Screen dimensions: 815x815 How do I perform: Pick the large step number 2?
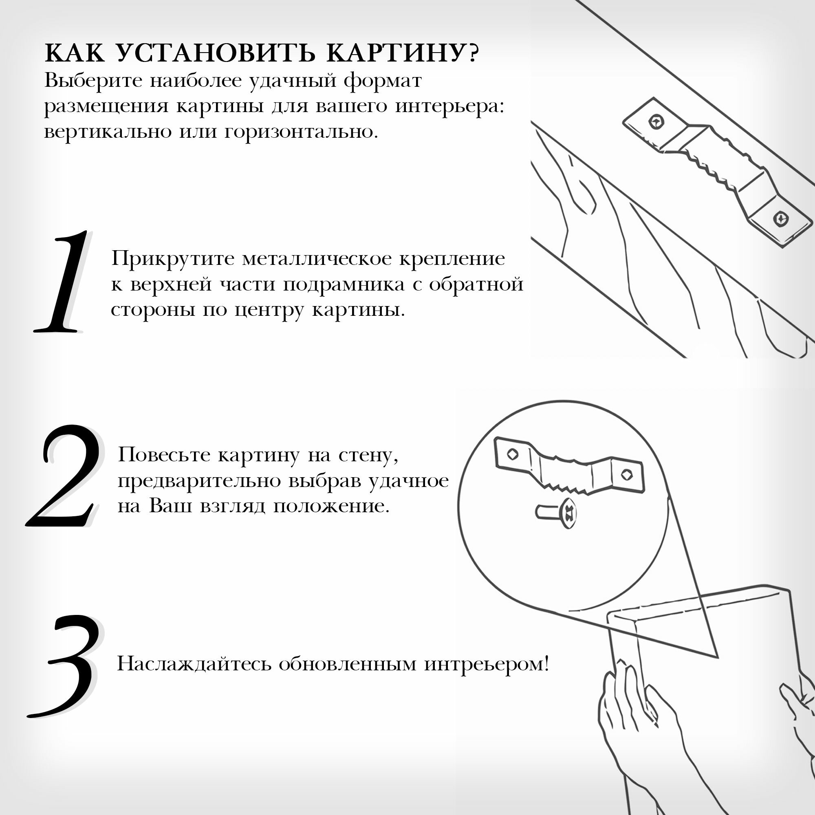pyautogui.click(x=63, y=477)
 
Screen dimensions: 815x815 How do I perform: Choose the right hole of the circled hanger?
pyautogui.click(x=627, y=474)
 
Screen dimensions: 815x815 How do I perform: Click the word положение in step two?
pyautogui.click(x=331, y=506)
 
